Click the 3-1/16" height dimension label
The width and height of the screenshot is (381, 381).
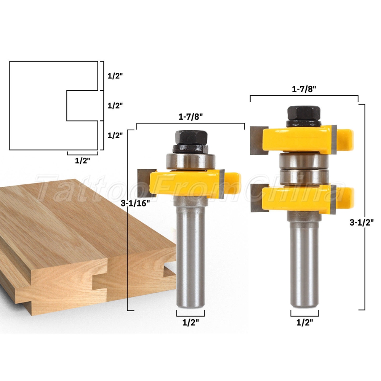point(135,203)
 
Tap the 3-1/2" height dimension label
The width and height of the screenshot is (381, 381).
point(361,223)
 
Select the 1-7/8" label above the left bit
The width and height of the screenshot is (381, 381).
point(190,117)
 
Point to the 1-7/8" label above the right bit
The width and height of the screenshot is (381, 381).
point(304,89)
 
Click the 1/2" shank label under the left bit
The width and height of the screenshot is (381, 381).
point(190,322)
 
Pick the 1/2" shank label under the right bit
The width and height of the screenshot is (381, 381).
point(304,322)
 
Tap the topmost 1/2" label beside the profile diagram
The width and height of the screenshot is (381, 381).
point(115,76)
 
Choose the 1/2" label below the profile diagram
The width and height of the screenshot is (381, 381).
point(82,161)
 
